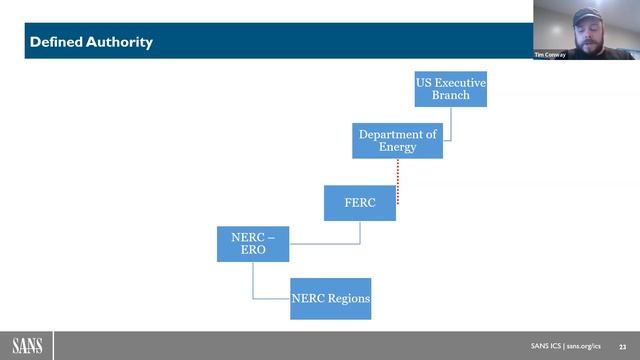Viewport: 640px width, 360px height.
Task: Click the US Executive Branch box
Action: point(450,88)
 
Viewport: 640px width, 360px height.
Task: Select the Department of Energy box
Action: point(397,141)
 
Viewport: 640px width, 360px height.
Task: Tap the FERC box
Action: point(359,203)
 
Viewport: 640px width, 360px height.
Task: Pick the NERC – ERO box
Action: point(253,244)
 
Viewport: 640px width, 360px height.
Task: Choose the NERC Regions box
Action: point(330,298)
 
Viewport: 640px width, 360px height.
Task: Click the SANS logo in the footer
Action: point(27,345)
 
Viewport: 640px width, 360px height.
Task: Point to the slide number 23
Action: point(622,346)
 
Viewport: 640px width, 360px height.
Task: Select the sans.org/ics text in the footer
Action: point(584,346)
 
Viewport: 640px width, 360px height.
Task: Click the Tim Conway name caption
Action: point(550,54)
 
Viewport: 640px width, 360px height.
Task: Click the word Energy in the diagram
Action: point(397,148)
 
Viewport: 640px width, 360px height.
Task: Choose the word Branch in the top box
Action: point(450,95)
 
